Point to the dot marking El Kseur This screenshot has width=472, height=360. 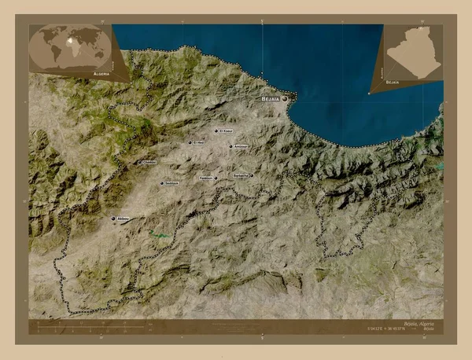[216, 130]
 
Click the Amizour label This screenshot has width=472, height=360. [239, 146]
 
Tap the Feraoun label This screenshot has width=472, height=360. [206, 178]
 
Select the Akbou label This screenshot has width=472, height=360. [123, 219]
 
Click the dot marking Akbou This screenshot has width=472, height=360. [113, 219]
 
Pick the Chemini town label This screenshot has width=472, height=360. [149, 163]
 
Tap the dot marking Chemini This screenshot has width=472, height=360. [139, 163]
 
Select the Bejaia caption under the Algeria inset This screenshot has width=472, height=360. [392, 82]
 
